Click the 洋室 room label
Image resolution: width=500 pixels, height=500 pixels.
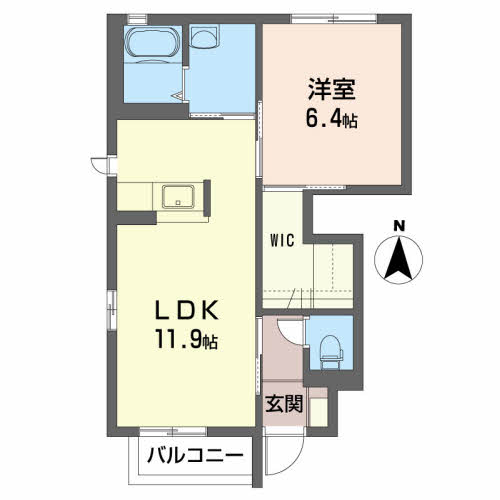(x=332, y=90)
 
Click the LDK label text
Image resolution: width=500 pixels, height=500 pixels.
(x=186, y=310)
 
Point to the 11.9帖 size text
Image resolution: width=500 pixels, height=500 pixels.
(x=186, y=339)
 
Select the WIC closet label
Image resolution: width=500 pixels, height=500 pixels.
(x=282, y=240)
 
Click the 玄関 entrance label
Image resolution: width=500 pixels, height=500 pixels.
(x=284, y=404)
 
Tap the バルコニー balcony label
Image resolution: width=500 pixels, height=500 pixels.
(x=195, y=455)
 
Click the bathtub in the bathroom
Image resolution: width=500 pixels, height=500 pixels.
(x=153, y=44)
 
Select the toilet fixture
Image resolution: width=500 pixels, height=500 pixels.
(x=330, y=352)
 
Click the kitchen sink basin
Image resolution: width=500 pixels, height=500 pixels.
(x=178, y=197)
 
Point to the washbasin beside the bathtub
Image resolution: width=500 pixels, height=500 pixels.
(x=204, y=37)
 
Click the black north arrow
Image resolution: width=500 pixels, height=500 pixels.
(x=399, y=257)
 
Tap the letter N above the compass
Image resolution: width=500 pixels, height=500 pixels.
(x=399, y=226)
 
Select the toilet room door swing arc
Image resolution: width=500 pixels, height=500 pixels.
(x=290, y=333)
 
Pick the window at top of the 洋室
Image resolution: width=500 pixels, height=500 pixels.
(x=334, y=19)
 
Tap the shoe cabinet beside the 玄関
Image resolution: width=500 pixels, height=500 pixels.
(x=317, y=407)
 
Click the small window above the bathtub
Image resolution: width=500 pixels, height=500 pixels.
(x=138, y=19)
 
